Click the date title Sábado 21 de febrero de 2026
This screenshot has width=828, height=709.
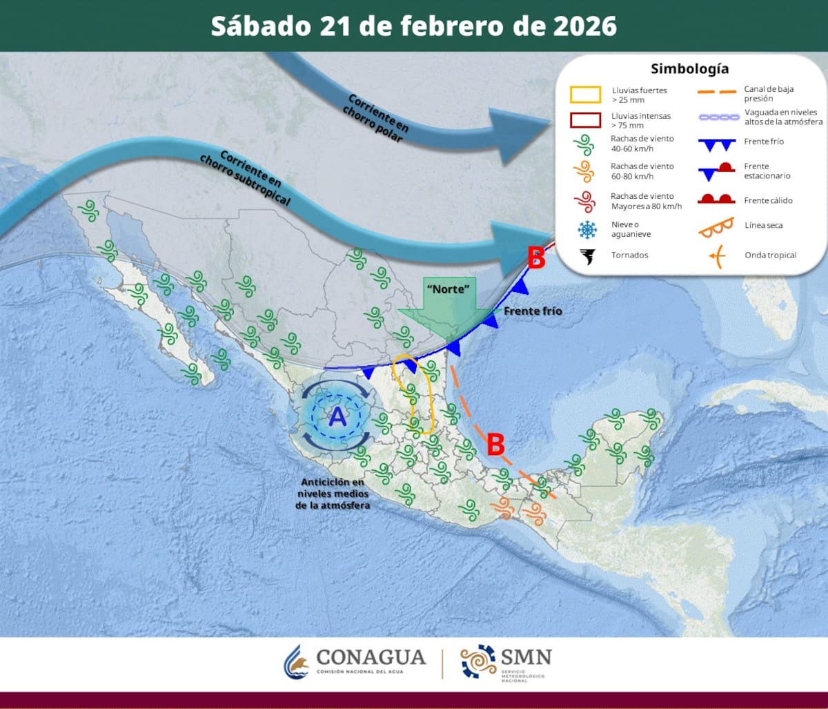pos(413,26)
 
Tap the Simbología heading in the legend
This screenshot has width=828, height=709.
pos(689,69)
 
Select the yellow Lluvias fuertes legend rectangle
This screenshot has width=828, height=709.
pos(585,95)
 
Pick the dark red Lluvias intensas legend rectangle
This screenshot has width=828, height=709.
pos(585,120)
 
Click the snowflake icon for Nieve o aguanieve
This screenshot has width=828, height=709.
pos(587,229)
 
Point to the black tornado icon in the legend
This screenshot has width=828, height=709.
pos(587,256)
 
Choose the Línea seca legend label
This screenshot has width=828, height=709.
pos(764,225)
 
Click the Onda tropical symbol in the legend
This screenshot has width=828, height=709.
pos(717,256)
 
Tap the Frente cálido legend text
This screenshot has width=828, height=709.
pos(768,200)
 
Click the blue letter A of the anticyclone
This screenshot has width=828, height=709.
pos(337,416)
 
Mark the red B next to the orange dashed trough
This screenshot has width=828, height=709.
pos(495,445)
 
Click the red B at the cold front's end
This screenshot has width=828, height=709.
pos(536,259)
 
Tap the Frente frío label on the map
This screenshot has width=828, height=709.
pos(533,311)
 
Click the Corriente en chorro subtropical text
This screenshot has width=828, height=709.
pos(245,177)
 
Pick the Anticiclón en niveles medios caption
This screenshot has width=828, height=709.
pos(334,494)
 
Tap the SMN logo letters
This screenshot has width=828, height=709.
pos(526,656)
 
